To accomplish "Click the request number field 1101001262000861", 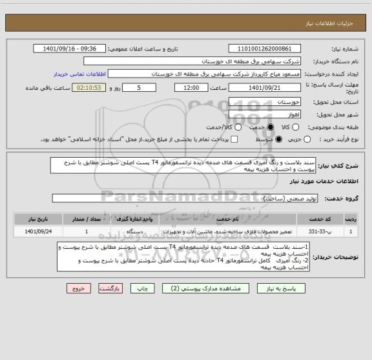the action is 265,48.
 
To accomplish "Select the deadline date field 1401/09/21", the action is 265,87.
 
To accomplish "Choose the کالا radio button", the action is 307,127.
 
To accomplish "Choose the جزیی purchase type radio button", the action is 307,140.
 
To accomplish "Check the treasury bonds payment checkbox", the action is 235,140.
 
